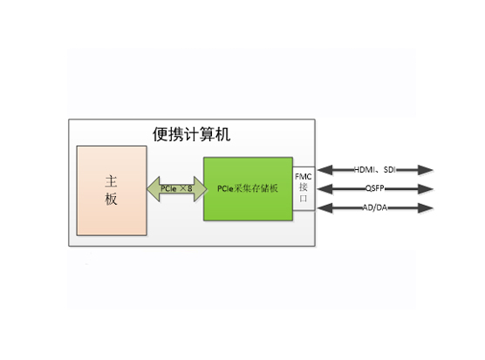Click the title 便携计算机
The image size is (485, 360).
tap(191, 134)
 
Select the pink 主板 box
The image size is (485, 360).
tap(112, 191)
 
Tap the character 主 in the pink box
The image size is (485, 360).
tap(111, 181)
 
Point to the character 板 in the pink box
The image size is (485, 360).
tap(111, 199)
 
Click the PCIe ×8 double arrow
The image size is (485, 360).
tap(176, 189)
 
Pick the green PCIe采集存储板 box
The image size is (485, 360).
tap(248, 189)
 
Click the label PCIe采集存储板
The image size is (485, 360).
tap(248, 188)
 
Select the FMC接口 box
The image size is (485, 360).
tap(304, 188)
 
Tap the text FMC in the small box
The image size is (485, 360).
tap(304, 177)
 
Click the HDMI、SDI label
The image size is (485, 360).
tap(375, 170)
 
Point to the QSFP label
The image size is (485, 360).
tap(375, 188)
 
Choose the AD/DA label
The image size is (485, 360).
tap(375, 207)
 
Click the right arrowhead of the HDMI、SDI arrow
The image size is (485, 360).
tap(426, 170)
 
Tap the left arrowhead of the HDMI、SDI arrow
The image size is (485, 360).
tap(325, 170)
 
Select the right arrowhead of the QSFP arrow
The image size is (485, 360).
tap(426, 189)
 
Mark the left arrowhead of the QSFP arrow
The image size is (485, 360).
tap(325, 189)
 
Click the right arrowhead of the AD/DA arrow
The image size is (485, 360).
tap(426, 208)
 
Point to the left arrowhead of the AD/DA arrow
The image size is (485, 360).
tap(325, 208)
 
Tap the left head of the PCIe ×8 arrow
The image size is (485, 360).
tap(154, 189)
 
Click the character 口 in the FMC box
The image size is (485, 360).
tap(304, 199)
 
